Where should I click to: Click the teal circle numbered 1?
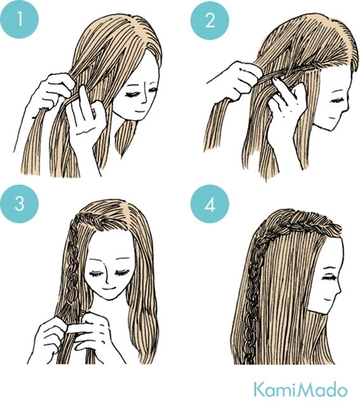click(x=19, y=19)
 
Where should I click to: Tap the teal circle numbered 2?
click(x=209, y=20)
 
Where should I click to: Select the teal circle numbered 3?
click(x=19, y=203)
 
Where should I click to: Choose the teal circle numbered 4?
click(x=209, y=204)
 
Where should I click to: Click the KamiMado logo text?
click(x=301, y=390)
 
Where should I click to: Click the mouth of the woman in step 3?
click(x=109, y=289)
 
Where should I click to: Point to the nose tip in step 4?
click(x=341, y=291)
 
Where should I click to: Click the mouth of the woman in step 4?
click(x=328, y=300)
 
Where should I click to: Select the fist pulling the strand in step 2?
click(x=238, y=79)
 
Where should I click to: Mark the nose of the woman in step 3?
click(x=108, y=277)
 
